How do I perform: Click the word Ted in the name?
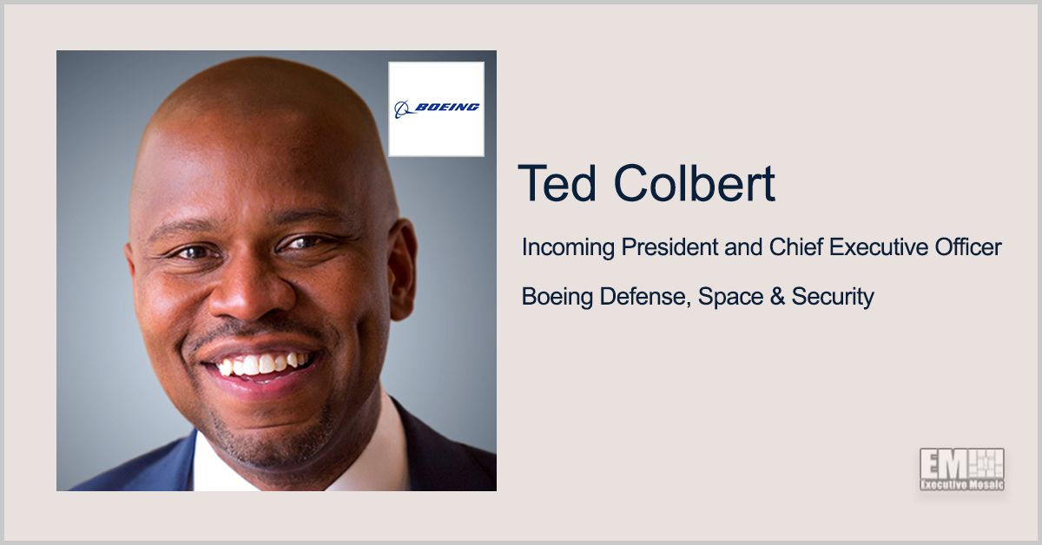[x=557, y=183]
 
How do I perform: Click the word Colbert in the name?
[x=694, y=183]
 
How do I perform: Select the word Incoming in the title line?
[x=568, y=248]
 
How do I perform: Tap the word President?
[x=669, y=247]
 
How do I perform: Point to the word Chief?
[x=796, y=247]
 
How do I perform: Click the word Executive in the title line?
[x=879, y=247]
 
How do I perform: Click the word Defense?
[x=644, y=297]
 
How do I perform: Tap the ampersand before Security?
[x=777, y=297]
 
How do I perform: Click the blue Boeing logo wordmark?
[x=446, y=108]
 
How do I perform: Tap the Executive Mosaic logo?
[x=961, y=469]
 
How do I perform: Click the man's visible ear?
[x=402, y=270]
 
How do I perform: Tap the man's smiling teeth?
[x=263, y=364]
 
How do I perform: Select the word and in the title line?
[x=744, y=247]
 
